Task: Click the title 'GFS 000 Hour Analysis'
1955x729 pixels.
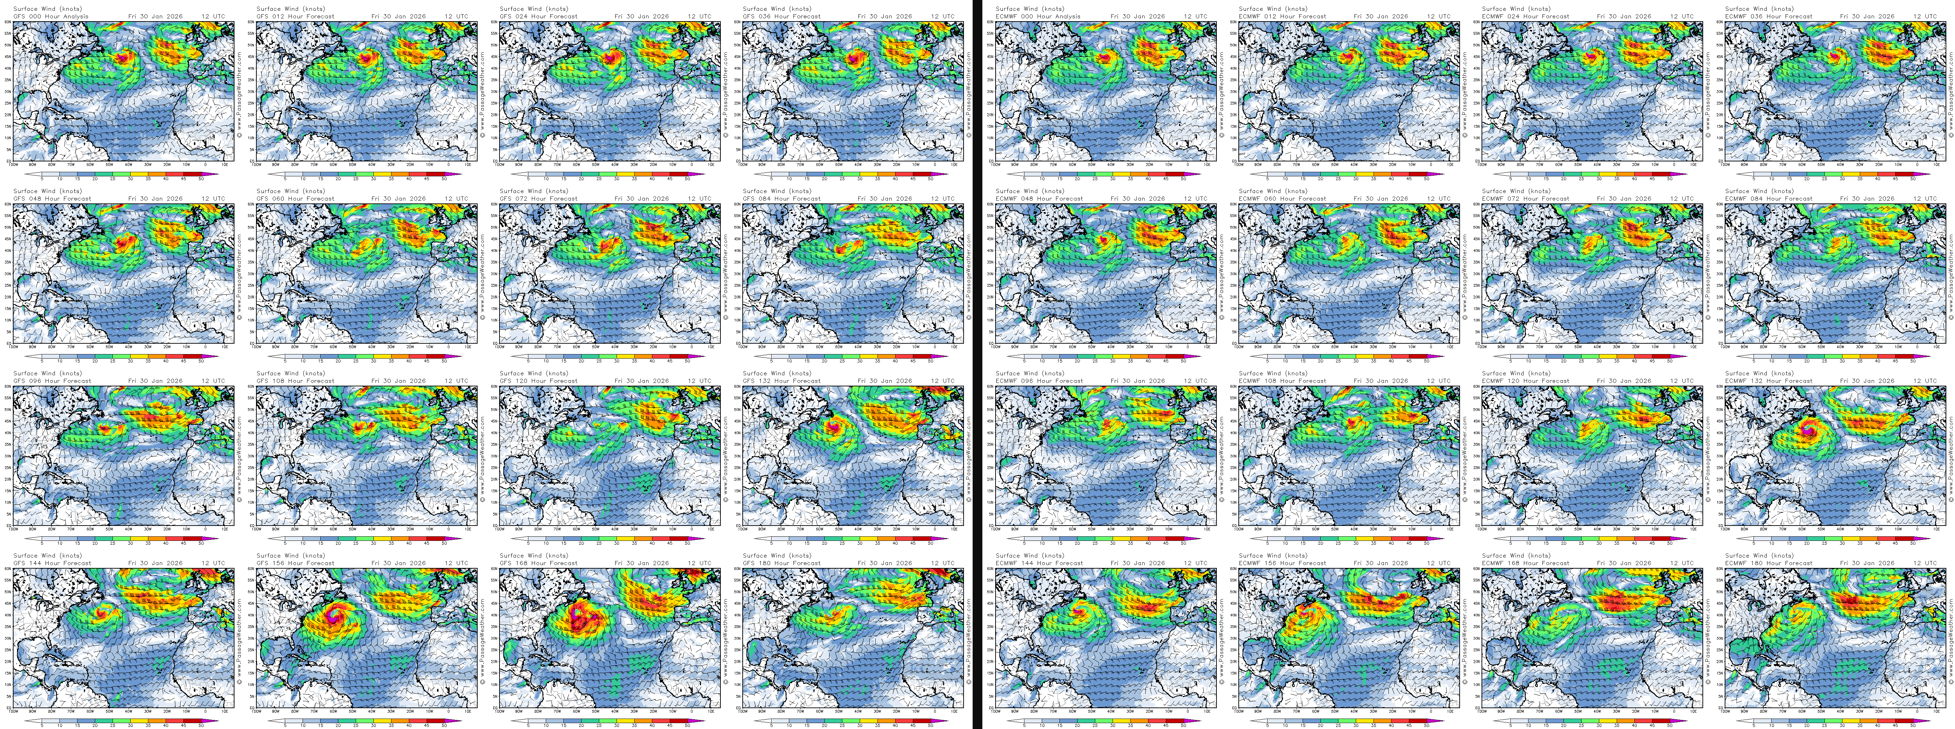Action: pos(51,16)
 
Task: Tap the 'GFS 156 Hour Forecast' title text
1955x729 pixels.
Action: pos(295,563)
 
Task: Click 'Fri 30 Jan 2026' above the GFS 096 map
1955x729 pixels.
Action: pos(156,381)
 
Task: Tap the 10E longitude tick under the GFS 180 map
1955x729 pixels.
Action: pos(954,712)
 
